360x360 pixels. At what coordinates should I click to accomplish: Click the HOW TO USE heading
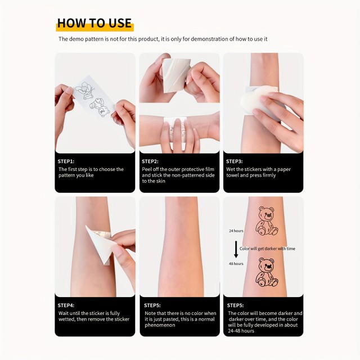(x=94, y=23)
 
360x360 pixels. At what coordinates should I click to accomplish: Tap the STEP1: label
(x=66, y=161)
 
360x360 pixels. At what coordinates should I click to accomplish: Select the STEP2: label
(x=150, y=161)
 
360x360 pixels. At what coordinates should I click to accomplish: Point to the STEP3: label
(x=234, y=161)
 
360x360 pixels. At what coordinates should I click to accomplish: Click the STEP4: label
(x=66, y=305)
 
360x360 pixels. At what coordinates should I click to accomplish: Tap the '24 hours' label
(x=236, y=231)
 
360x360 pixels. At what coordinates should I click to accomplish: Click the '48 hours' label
(x=236, y=264)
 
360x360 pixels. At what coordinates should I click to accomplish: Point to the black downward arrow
(x=236, y=249)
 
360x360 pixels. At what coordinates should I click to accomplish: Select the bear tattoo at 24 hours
(x=267, y=220)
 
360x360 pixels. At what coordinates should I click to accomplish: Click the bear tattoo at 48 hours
(x=267, y=272)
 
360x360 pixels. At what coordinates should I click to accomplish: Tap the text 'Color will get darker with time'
(x=267, y=249)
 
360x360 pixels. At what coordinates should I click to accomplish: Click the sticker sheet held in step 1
(x=94, y=96)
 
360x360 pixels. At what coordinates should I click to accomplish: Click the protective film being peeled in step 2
(x=175, y=75)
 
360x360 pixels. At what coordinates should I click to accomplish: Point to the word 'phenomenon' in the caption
(x=160, y=325)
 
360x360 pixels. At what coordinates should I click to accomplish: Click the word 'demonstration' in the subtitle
(x=210, y=39)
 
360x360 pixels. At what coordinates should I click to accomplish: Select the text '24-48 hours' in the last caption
(x=241, y=331)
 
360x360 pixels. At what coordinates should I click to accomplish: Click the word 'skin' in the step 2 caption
(x=160, y=181)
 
